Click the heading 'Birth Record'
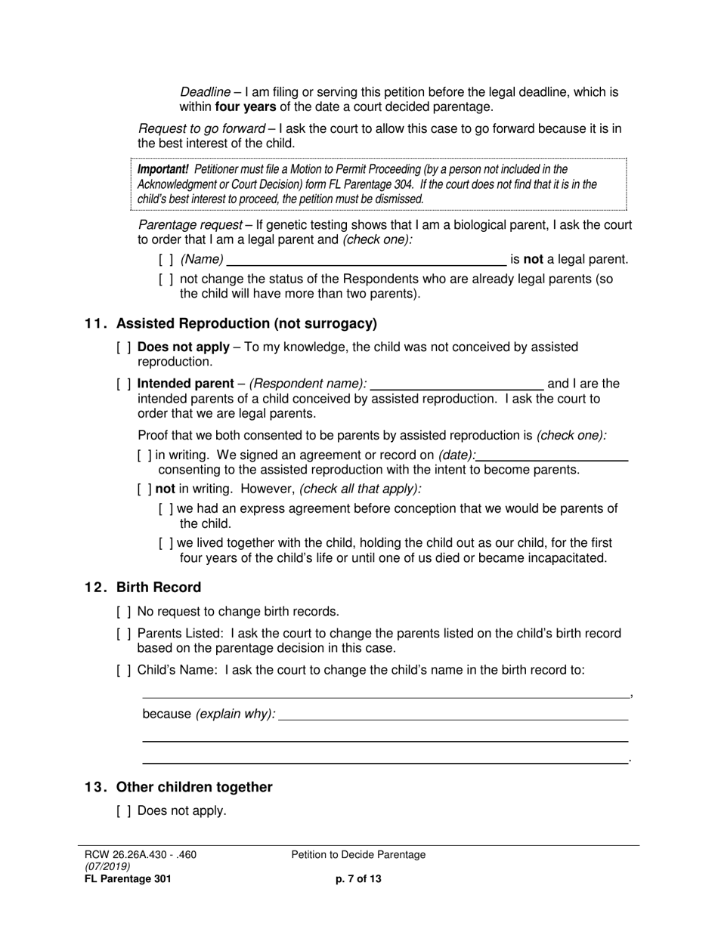159,588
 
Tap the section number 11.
95,324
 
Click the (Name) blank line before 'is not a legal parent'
367,260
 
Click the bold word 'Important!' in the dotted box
162,169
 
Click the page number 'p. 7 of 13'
358,878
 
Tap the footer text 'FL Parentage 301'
128,878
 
